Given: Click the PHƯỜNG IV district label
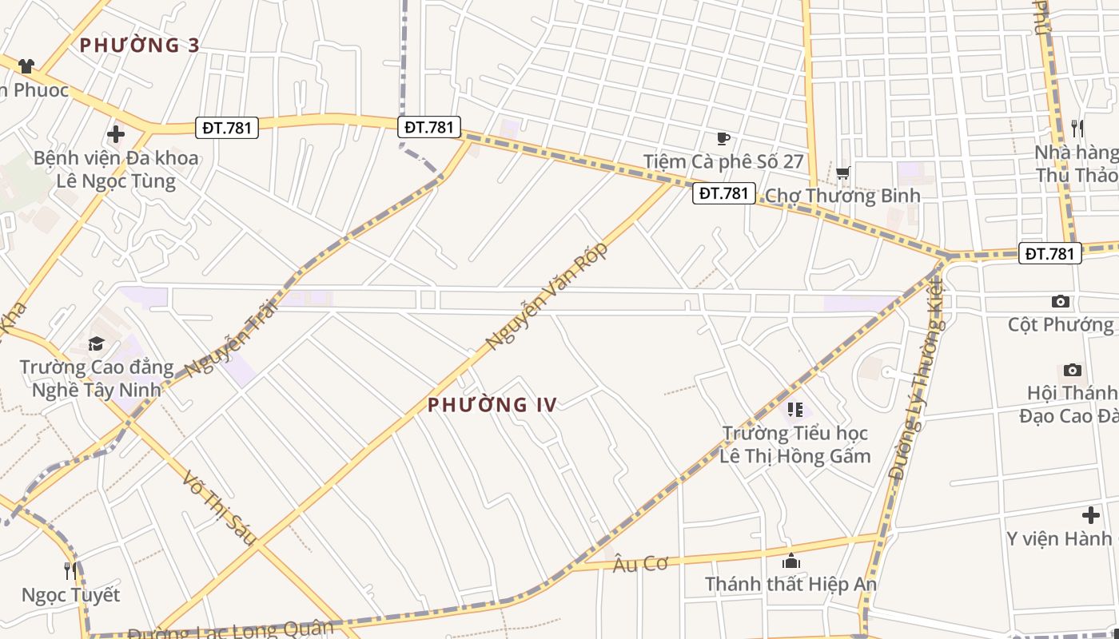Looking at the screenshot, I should point(492,404).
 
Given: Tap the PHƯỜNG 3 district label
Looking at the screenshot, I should point(139,45).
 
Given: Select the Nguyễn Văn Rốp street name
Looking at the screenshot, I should point(548,296).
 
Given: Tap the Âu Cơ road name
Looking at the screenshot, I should point(640,564).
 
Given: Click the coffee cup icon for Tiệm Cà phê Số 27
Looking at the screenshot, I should point(723,139).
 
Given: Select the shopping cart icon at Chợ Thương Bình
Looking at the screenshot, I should point(842,173).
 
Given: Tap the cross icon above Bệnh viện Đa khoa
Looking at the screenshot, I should point(116,134).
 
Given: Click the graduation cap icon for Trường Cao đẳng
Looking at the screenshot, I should point(96,344).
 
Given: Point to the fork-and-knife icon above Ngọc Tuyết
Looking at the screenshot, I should point(70,571).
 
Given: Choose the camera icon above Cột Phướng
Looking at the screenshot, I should point(1061,301).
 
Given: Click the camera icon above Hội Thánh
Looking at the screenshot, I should point(1073,370).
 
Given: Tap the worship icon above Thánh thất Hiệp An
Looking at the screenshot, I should point(791,561).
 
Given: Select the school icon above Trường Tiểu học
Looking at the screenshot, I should point(794,410).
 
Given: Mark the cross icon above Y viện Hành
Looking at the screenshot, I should point(1090,515).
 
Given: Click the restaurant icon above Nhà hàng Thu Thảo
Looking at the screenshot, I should point(1077,128).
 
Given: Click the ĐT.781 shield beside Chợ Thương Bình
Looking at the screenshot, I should point(724,192).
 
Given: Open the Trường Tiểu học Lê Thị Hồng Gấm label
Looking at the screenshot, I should point(795,445).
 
